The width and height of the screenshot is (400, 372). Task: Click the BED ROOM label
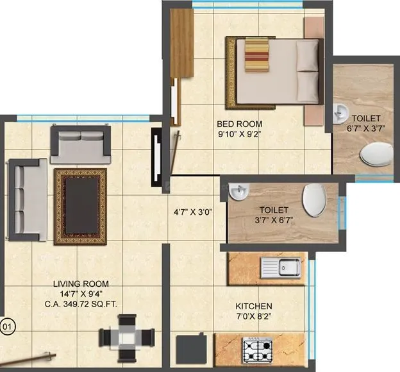tap(239, 124)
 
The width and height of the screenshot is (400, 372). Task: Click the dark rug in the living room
tap(81, 206)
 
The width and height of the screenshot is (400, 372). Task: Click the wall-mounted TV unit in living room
tap(156, 156)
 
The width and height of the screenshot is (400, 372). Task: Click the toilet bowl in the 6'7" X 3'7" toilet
tap(376, 154)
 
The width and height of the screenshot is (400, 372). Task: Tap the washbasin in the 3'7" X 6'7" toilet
tap(238, 190)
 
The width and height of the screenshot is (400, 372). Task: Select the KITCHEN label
tap(254, 306)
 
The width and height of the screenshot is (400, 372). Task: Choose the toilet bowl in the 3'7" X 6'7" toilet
tap(315, 199)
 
